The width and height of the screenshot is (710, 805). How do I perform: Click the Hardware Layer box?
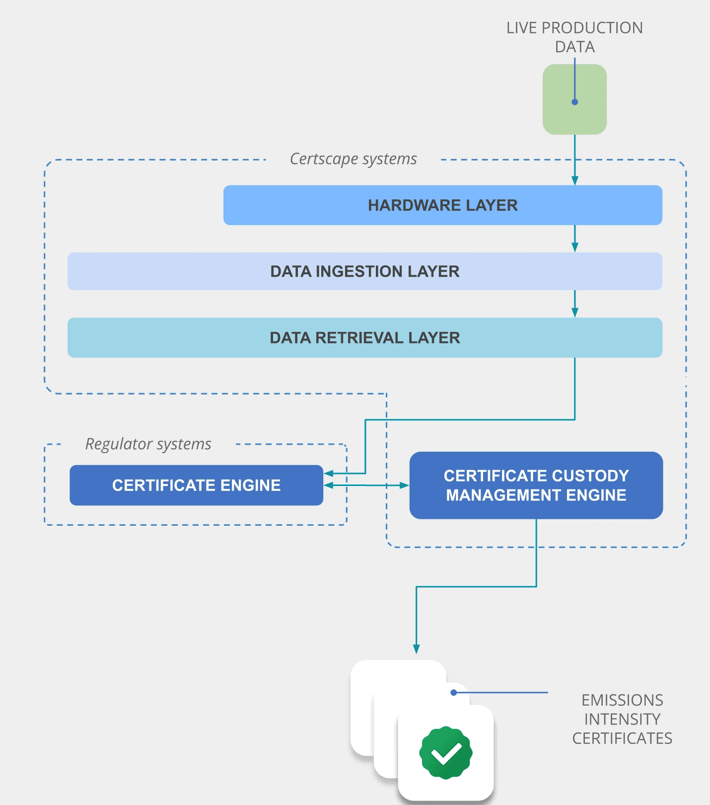[442, 205]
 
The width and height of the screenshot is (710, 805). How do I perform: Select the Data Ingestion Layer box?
[364, 271]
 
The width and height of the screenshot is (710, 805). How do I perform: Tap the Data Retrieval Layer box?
[364, 338]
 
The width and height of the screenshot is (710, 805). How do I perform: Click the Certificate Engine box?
[196, 485]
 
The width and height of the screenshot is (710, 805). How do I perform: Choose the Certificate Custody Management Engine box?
[536, 485]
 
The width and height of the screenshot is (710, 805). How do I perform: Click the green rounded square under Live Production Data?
[574, 99]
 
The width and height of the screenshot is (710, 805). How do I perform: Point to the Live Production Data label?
[574, 37]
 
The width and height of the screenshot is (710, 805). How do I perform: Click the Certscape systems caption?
[353, 159]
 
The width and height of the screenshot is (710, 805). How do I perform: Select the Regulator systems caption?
[148, 444]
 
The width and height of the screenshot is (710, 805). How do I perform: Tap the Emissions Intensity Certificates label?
[622, 719]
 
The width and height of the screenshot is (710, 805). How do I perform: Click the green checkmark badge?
[446, 753]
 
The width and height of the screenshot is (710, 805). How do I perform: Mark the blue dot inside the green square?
[574, 102]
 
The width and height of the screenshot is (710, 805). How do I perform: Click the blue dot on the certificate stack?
[454, 692]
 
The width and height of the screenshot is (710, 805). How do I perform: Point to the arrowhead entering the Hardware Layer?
[575, 181]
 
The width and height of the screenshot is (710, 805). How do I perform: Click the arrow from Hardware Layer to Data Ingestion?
[575, 239]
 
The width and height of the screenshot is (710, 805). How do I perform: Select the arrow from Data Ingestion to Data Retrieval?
[575, 304]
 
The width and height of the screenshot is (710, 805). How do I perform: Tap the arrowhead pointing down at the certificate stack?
[416, 649]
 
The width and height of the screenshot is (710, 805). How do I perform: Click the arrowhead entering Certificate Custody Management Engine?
[404, 485]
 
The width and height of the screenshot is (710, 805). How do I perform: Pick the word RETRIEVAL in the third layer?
[359, 338]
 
